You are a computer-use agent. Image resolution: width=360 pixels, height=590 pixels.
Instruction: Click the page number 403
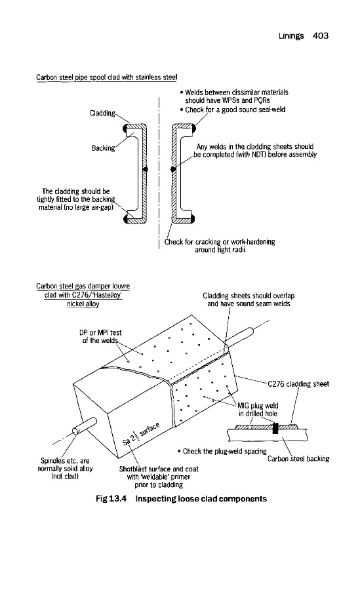coord(321,36)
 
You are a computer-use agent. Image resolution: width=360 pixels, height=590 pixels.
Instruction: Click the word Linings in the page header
coord(291,36)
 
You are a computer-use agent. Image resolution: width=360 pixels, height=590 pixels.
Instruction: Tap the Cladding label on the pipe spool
coord(102,113)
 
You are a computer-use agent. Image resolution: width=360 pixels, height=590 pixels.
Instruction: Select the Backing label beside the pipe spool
coord(103,148)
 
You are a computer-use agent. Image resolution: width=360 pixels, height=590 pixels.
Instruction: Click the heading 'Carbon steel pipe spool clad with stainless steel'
coord(107,77)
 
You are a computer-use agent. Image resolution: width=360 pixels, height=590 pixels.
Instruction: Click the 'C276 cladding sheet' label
coord(298,383)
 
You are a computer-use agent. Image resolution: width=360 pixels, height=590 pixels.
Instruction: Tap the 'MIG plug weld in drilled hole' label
coord(258,409)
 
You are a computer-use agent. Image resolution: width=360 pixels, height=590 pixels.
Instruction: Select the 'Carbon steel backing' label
coord(298,458)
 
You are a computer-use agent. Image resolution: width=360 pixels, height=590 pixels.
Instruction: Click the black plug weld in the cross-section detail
coord(275,428)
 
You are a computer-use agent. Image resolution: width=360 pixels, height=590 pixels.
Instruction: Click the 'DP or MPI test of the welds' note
coord(100,336)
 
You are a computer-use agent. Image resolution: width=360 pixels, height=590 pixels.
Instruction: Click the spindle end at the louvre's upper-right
coord(250,332)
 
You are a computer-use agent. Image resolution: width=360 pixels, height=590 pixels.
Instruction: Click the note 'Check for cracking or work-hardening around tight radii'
coord(220,246)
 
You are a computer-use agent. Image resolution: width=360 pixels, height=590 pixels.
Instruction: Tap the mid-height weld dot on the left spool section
coord(146,169)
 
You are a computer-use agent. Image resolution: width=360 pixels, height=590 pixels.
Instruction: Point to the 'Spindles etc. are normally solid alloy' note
coord(65,469)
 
